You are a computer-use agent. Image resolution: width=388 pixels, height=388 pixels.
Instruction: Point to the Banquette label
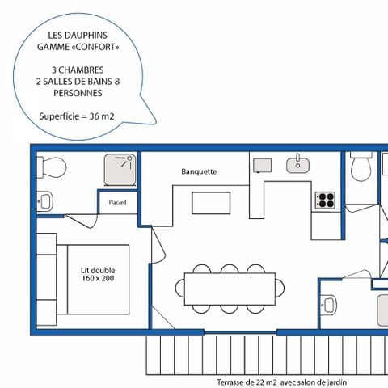coord(199,171)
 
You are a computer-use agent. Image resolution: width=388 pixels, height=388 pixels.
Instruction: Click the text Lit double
coord(96,271)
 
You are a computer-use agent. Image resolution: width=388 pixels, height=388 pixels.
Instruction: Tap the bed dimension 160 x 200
coord(96,280)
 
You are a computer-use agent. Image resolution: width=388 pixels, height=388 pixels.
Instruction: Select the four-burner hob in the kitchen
coord(326,199)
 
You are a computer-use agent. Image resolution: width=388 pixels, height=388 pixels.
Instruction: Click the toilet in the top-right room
coord(361,167)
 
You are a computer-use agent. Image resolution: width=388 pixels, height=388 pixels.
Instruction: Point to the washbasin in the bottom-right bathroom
coord(328,305)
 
